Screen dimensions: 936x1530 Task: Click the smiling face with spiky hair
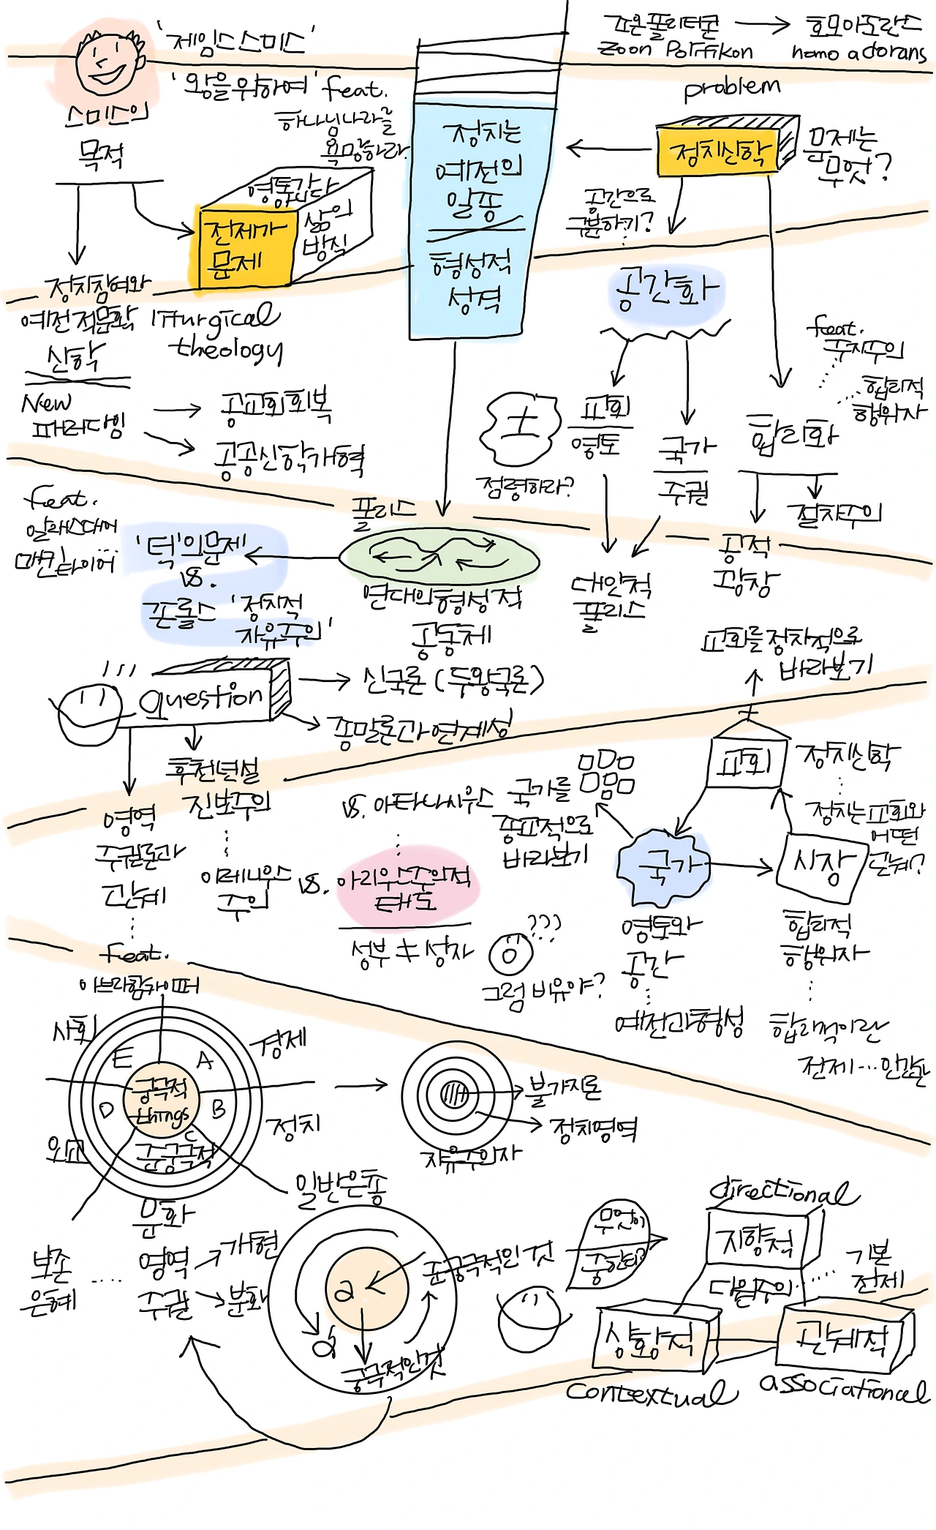click(108, 61)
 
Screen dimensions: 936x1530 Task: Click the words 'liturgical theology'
click(219, 333)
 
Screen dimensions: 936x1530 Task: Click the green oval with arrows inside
click(439, 560)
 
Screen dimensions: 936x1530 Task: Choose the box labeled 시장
click(822, 866)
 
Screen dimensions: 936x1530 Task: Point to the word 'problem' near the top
click(732, 89)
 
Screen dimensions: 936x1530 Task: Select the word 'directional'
click(782, 1193)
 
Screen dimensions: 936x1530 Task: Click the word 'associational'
click(844, 1386)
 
